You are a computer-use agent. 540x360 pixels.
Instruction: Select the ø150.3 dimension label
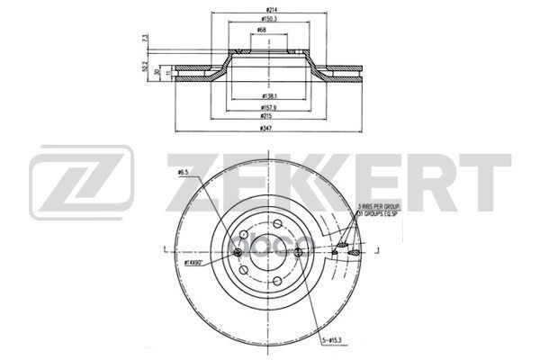267,19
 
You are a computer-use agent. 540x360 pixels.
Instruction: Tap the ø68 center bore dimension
261,31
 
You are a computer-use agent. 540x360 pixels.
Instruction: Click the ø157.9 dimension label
267,105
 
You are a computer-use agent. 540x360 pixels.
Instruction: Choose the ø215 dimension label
267,116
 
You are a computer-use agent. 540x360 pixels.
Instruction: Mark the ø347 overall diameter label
267,129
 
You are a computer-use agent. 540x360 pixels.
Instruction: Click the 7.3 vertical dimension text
146,41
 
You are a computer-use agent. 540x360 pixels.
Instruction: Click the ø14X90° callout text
193,264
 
